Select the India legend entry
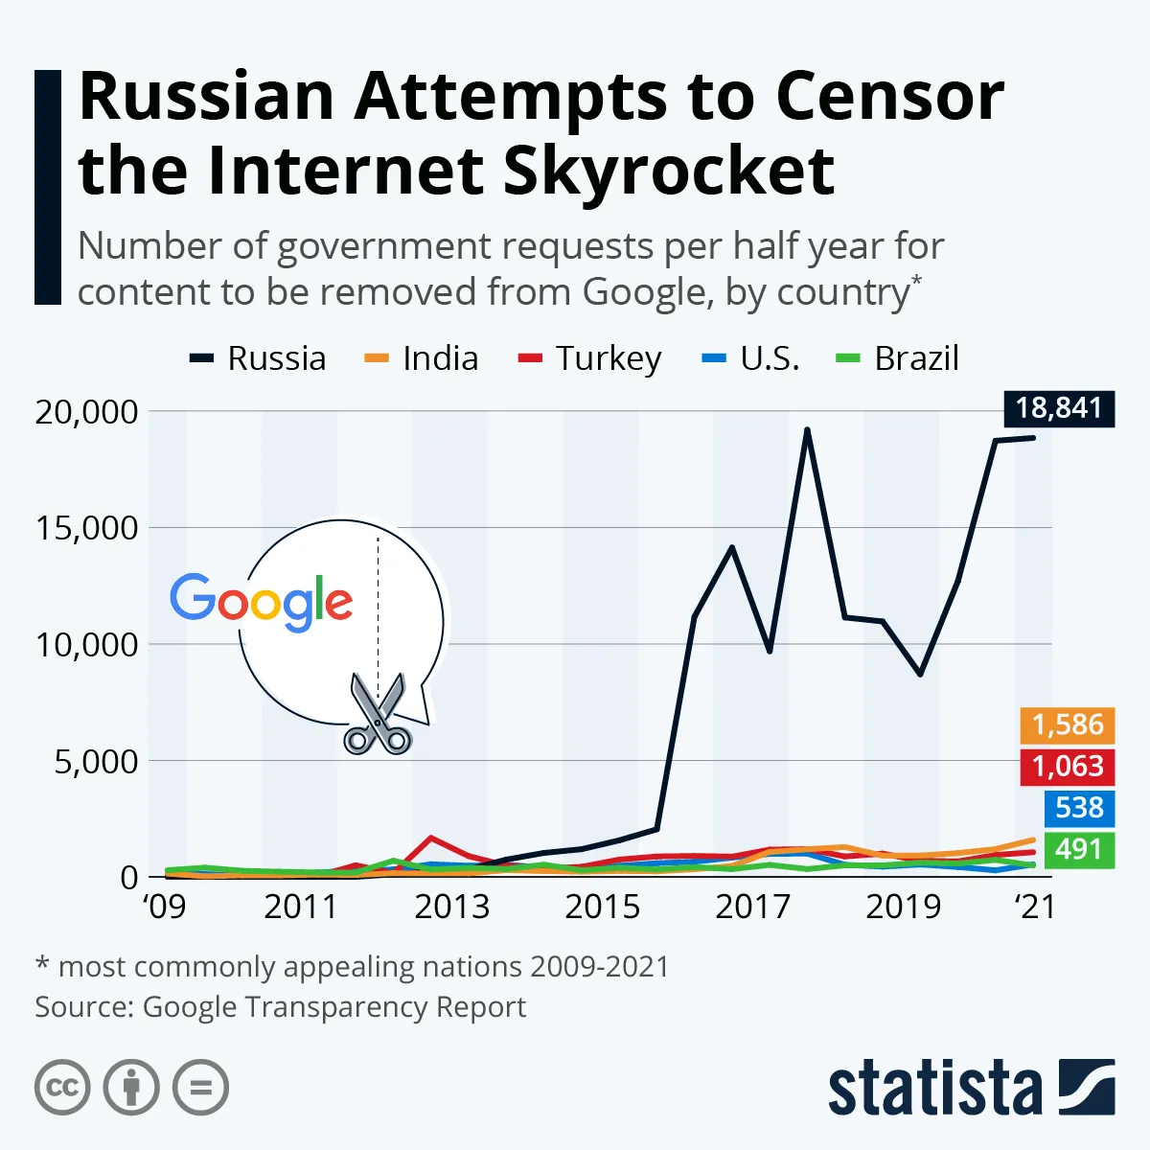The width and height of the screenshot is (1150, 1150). click(423, 358)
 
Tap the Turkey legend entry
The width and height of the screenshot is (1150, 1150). click(590, 358)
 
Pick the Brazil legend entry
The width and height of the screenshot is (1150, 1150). click(898, 358)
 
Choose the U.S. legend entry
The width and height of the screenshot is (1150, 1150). click(751, 358)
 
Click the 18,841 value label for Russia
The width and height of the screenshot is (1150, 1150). click(1059, 408)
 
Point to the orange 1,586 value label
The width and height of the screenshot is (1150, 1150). click(1068, 724)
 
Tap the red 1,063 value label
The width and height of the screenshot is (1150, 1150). click(1068, 767)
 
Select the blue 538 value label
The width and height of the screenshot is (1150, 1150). click(1079, 808)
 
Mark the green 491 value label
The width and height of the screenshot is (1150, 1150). click(1079, 849)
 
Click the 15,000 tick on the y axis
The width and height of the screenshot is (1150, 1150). click(87, 528)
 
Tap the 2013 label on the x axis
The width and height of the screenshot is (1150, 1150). click(451, 907)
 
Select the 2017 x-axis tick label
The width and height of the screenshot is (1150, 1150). click(752, 907)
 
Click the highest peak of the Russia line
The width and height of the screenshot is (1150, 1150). click(807, 430)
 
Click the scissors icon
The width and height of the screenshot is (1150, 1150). click(378, 714)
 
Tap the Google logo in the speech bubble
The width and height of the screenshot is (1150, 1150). click(262, 602)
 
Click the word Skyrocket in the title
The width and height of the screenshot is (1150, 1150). click(668, 172)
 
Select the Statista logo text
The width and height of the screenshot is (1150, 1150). click(934, 1089)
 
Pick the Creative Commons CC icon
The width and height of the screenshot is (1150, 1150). click(62, 1088)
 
